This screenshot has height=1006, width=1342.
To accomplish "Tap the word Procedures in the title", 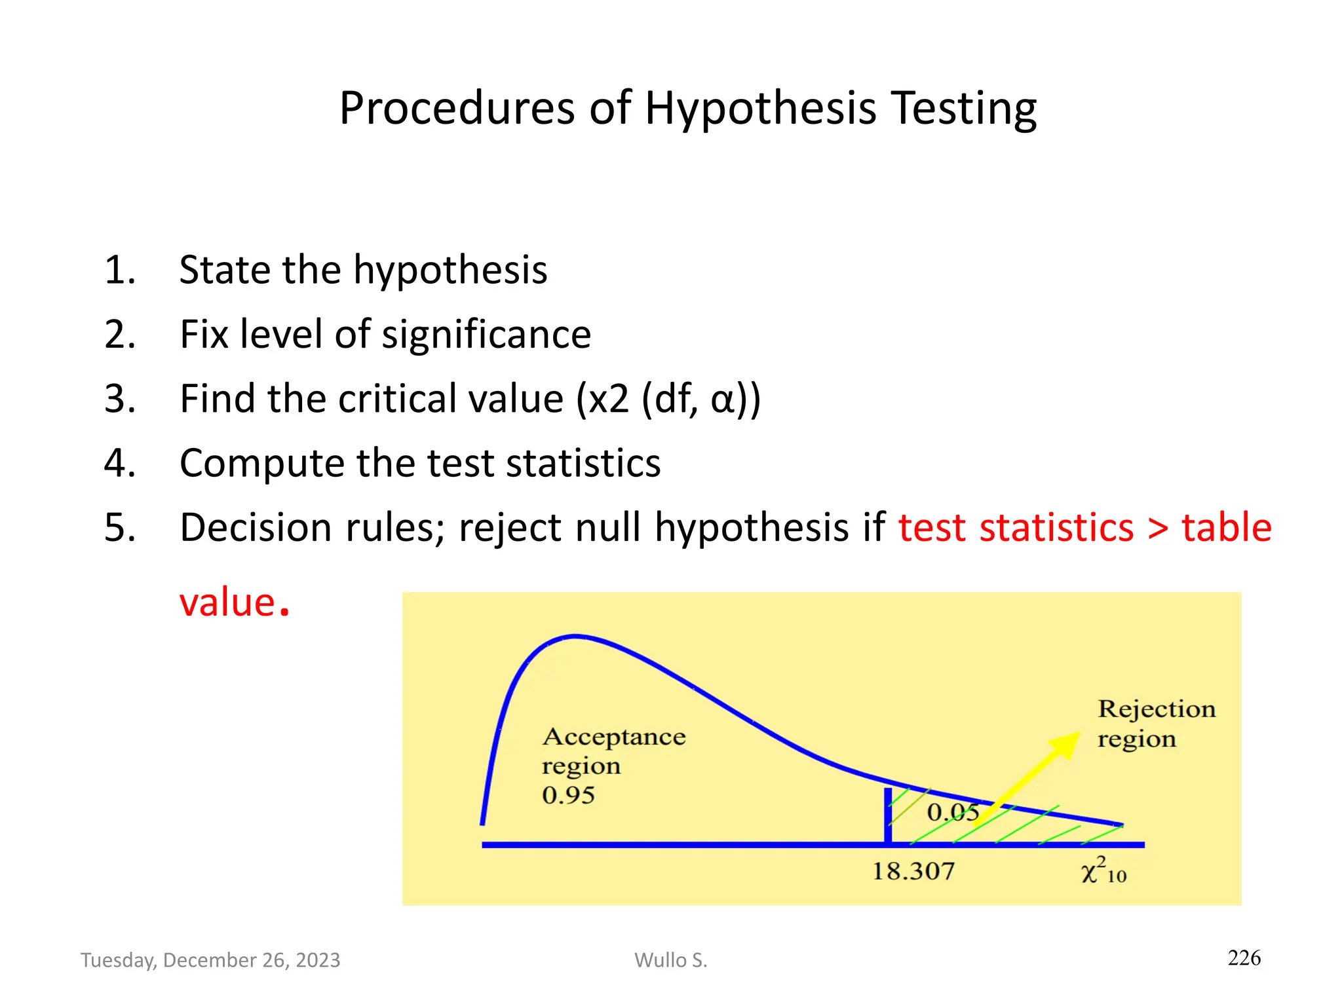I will click(457, 109).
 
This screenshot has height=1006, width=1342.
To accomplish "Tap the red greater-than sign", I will click(1158, 529).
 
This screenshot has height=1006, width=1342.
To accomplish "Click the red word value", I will click(227, 603).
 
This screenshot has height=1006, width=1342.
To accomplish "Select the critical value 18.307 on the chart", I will click(913, 872).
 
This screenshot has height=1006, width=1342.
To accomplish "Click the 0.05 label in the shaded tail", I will click(953, 813).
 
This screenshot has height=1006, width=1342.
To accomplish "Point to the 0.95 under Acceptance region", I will click(568, 796).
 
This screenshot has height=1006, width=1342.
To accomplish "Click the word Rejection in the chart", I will click(1157, 709).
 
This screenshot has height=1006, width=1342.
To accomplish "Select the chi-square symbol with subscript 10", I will click(1103, 871).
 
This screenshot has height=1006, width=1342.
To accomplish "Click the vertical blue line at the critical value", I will click(888, 815).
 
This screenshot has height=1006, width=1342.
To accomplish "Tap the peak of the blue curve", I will click(575, 636).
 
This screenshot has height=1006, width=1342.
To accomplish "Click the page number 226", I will click(1244, 958).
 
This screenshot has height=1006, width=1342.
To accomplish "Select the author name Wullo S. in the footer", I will click(670, 960).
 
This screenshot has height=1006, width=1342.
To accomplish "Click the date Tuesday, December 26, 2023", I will click(210, 960).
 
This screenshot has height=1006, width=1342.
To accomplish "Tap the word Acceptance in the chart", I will click(614, 737).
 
